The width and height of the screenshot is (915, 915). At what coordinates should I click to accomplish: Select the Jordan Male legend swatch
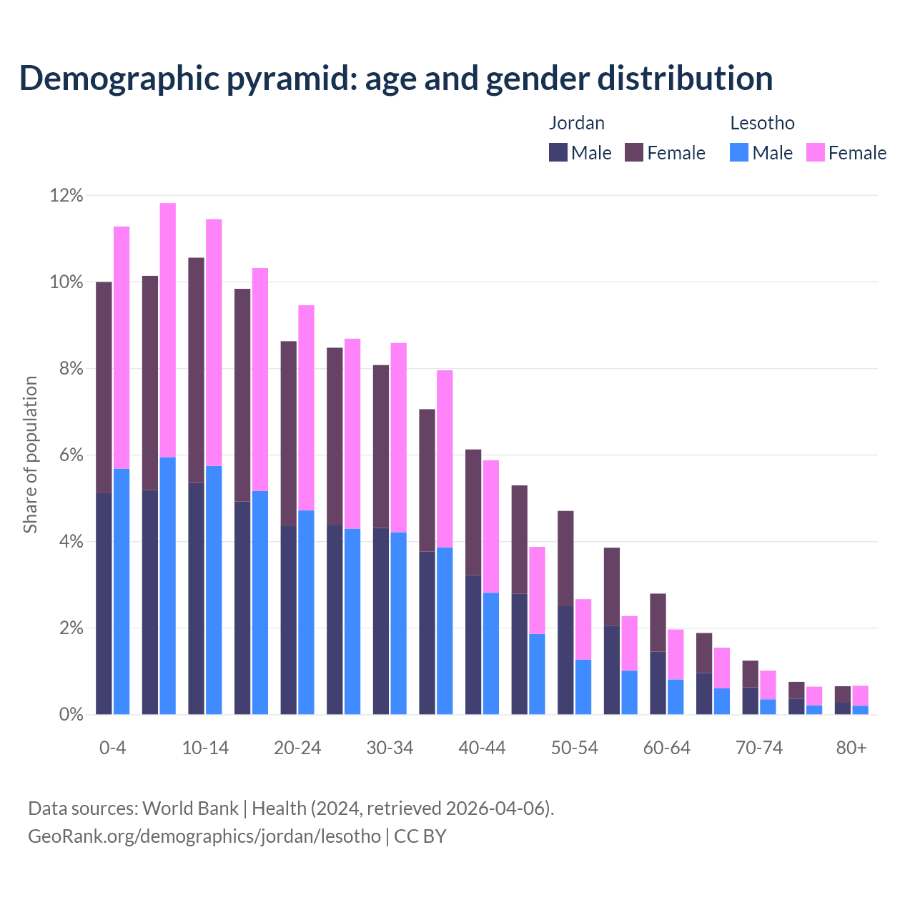(558, 152)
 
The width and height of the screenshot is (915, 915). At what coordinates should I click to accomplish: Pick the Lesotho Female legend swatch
(815, 152)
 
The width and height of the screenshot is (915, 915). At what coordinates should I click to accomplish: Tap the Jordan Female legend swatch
(634, 152)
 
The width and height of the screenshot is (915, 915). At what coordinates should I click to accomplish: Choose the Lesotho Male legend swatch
(739, 152)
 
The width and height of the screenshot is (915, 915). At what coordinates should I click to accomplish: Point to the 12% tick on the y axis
(66, 195)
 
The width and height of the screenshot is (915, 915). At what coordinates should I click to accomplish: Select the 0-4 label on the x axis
(113, 748)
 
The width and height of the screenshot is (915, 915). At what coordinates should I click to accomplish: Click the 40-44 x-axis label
(482, 748)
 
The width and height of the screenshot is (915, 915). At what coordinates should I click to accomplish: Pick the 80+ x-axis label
(851, 748)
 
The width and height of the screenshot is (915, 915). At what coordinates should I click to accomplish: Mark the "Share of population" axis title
(30, 455)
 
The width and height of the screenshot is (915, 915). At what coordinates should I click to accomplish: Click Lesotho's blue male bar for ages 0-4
(122, 592)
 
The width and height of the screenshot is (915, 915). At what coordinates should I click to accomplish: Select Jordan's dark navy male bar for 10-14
(196, 599)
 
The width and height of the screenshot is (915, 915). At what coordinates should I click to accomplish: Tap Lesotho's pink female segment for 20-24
(306, 407)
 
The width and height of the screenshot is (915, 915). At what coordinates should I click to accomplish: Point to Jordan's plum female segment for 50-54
(565, 558)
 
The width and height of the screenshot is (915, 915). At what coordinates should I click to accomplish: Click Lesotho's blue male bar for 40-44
(491, 653)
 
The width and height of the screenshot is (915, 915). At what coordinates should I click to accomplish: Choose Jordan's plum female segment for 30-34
(381, 447)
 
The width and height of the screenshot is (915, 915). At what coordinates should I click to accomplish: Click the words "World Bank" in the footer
(190, 808)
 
